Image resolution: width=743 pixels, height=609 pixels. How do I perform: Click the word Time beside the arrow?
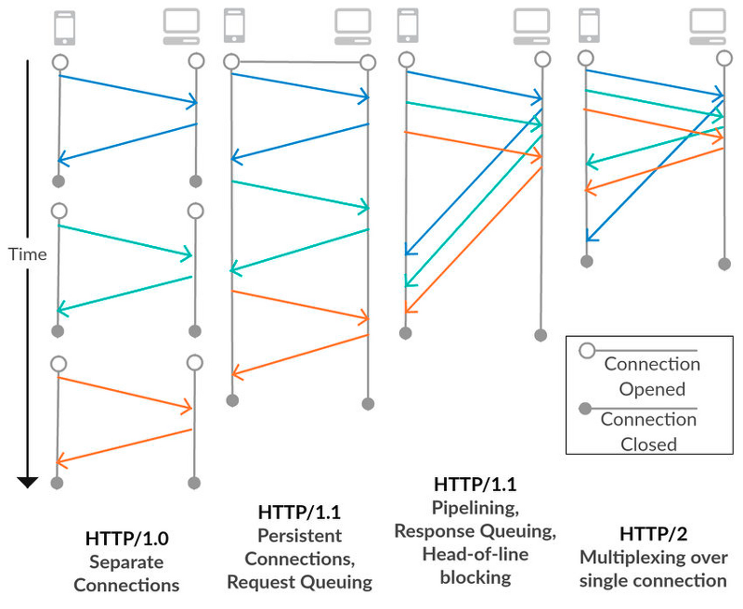pyautogui.click(x=29, y=253)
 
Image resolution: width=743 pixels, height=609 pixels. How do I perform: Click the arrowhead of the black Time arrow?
pyautogui.click(x=28, y=481)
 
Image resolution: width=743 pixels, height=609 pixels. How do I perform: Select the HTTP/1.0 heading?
pyautogui.click(x=126, y=538)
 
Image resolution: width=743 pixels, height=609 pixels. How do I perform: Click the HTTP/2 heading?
pyautogui.click(x=653, y=533)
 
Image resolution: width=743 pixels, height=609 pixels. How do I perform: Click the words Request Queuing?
pyautogui.click(x=299, y=582)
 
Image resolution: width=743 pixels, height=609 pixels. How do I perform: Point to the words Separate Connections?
pyautogui.click(x=126, y=574)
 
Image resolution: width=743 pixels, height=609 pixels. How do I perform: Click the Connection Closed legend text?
pyautogui.click(x=650, y=431)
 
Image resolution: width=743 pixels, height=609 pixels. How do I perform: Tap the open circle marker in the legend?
pyautogui.click(x=587, y=351)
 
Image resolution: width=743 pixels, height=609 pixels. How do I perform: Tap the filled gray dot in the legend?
pyautogui.click(x=587, y=408)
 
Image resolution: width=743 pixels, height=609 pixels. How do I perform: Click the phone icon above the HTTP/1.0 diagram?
pyautogui.click(x=64, y=28)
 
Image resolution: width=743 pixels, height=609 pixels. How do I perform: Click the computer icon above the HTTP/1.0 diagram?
pyautogui.click(x=179, y=28)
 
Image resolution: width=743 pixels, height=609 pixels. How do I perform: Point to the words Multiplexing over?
pyautogui.click(x=653, y=557)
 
